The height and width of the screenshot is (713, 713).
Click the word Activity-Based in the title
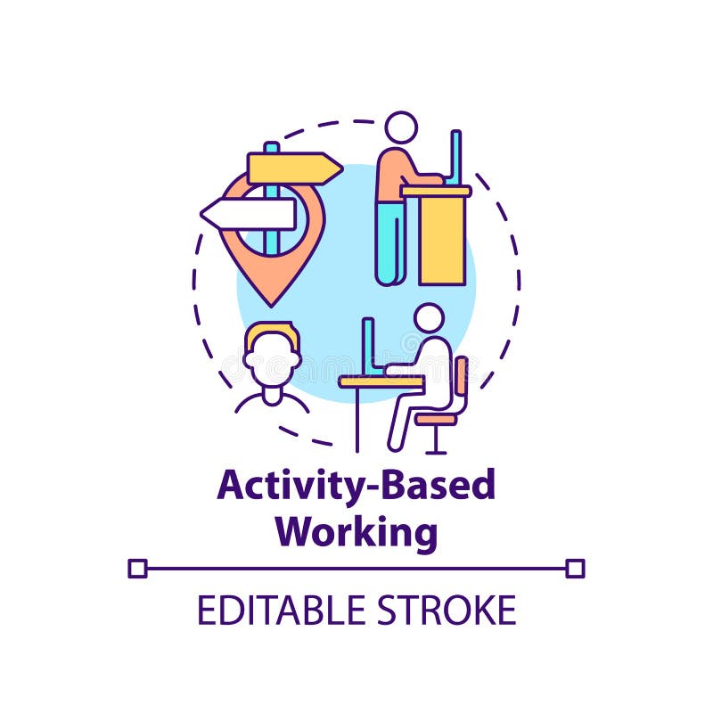pos(356,487)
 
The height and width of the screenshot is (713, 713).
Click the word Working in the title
pos(356,531)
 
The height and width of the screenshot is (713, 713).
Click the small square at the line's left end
pos(137,568)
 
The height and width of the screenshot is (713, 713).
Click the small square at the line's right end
pos(575,568)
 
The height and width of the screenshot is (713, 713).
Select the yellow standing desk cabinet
pos(442,236)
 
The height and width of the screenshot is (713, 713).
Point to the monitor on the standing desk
pos(455,158)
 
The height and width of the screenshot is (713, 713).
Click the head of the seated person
pos(429,318)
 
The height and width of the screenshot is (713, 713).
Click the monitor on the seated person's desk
pos(367,346)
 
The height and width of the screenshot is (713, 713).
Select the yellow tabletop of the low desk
pos(381,381)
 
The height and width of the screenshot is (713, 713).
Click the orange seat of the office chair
pos(436,416)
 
